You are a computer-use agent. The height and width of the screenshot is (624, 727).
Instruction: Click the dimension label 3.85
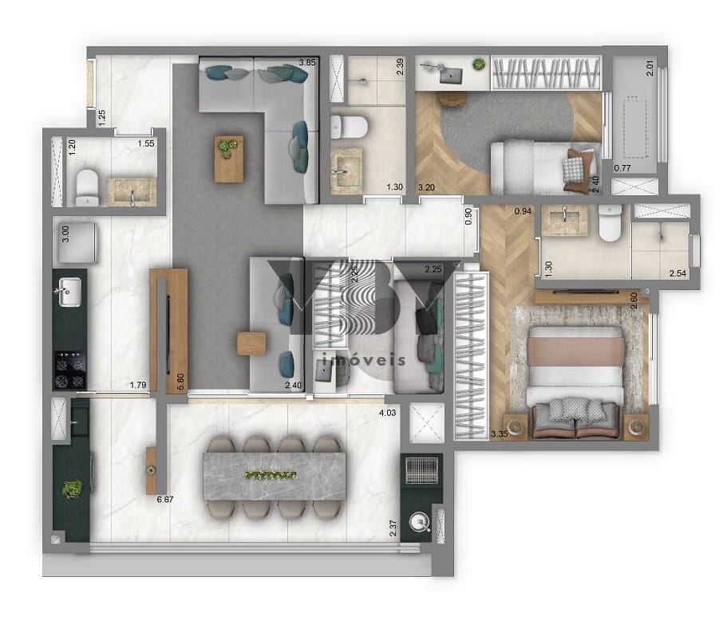(307, 62)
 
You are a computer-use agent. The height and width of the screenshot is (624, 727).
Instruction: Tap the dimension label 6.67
(166, 500)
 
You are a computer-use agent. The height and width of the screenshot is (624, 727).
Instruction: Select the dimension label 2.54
(678, 274)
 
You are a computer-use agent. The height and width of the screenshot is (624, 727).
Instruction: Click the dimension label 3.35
(500, 434)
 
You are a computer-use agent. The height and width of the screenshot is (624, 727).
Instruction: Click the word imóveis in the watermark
(363, 360)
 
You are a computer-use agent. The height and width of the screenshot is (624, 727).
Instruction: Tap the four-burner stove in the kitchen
(69, 371)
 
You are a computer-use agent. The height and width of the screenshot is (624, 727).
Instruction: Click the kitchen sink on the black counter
(69, 290)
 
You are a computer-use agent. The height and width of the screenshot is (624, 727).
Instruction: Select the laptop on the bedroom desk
(452, 76)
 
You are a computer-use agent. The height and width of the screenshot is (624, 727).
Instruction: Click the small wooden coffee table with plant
(229, 158)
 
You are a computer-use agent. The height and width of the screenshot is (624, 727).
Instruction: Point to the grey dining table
(275, 476)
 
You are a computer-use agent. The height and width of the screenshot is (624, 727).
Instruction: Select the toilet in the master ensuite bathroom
(610, 224)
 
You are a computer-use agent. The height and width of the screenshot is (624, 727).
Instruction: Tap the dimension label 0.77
(622, 167)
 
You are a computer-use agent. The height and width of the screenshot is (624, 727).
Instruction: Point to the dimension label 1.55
(145, 143)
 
